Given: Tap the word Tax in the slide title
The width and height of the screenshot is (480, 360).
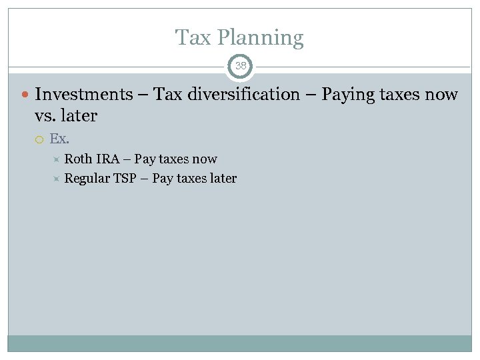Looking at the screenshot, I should pyautogui.click(x=193, y=37).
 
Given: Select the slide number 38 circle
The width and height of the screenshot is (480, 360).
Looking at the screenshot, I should pyautogui.click(x=240, y=66).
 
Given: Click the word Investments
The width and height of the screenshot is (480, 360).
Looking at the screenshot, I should pyautogui.click(x=84, y=95).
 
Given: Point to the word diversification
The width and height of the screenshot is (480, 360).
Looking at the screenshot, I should pyautogui.click(x=243, y=95).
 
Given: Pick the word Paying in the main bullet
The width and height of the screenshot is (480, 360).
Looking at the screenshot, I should pyautogui.click(x=349, y=95).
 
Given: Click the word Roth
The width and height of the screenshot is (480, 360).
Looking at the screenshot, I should pyautogui.click(x=79, y=159).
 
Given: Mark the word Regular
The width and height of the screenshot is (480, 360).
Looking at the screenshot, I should pyautogui.click(x=87, y=179).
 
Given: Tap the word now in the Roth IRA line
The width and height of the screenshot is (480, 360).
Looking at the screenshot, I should pyautogui.click(x=204, y=159).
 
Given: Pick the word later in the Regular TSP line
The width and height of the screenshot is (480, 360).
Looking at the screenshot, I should pyautogui.click(x=222, y=179).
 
